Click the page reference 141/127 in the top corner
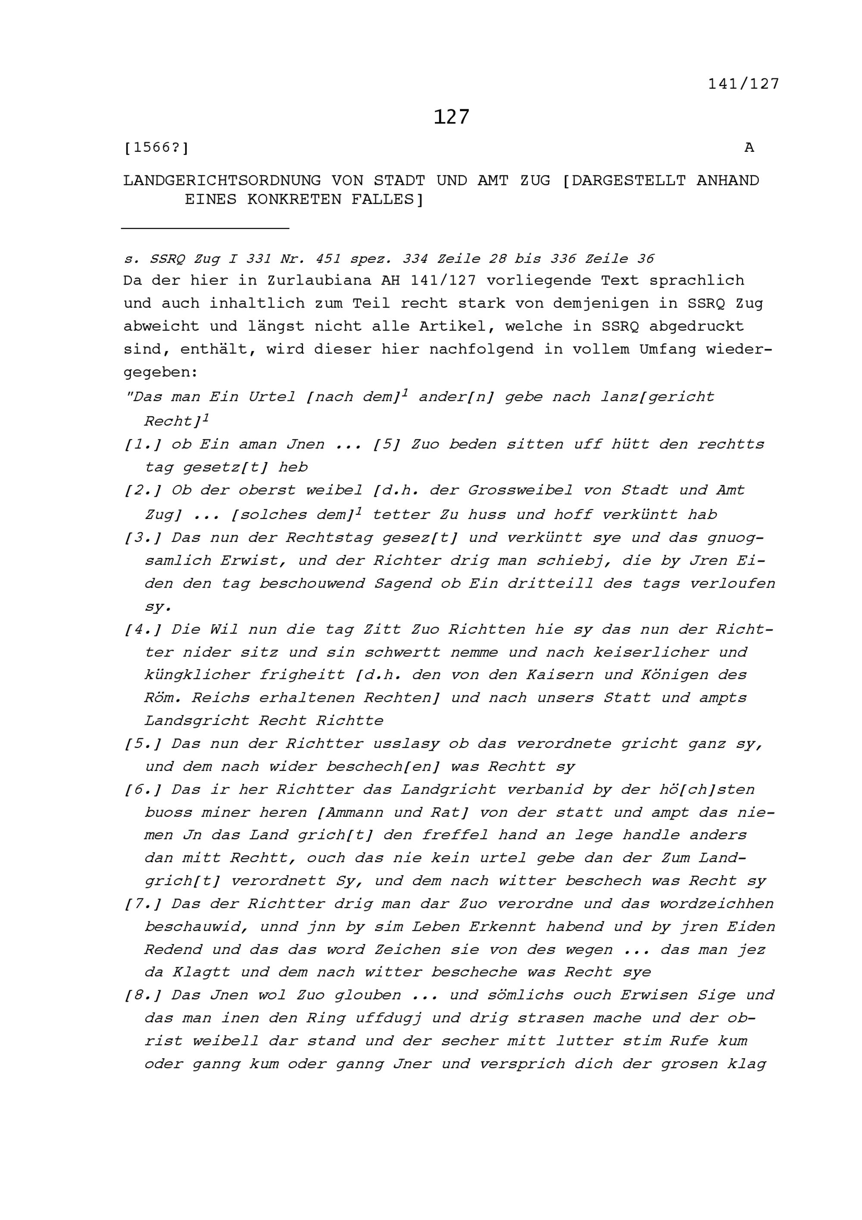(x=743, y=84)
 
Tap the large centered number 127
(x=451, y=117)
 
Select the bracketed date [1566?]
(x=156, y=148)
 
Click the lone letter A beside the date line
(x=749, y=148)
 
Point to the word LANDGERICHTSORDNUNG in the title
(x=222, y=181)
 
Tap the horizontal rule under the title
(x=205, y=228)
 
